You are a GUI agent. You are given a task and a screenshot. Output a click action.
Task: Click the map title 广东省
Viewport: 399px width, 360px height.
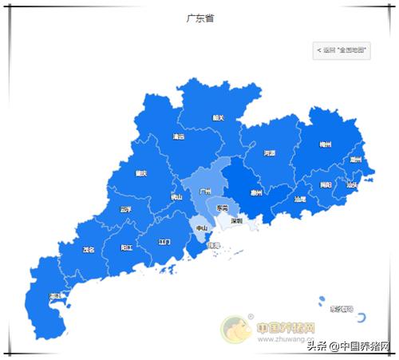coord(199,17)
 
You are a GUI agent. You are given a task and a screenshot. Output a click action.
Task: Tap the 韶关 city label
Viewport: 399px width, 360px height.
coord(218,118)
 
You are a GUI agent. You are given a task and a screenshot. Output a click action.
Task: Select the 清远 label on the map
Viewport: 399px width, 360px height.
coord(178,136)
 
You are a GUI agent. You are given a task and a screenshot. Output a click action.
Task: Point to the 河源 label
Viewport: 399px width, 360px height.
coord(269,152)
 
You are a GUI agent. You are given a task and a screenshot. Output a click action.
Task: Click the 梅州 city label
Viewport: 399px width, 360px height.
coord(325,144)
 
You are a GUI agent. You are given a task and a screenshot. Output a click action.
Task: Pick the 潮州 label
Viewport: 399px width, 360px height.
coord(355,160)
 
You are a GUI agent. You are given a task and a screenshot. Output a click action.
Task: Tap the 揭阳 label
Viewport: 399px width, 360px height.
coord(325,184)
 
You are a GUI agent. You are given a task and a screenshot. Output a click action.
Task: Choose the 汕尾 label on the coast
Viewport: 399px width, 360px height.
coord(300,200)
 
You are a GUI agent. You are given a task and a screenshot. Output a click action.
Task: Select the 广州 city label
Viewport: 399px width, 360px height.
coord(205,192)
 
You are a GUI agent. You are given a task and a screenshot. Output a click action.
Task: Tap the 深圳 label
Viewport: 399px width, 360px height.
coord(236,220)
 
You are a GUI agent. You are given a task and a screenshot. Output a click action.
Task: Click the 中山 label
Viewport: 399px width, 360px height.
coord(202,228)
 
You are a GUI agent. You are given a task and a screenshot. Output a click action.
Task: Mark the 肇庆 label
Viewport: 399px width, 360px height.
coord(141,173)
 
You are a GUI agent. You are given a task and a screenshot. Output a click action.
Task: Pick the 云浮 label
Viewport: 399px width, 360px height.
coord(125,209)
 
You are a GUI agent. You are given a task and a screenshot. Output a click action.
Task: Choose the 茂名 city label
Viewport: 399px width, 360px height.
coord(89,250)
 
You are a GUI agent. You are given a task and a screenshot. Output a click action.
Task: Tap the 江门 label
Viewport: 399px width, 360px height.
coord(164,241)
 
